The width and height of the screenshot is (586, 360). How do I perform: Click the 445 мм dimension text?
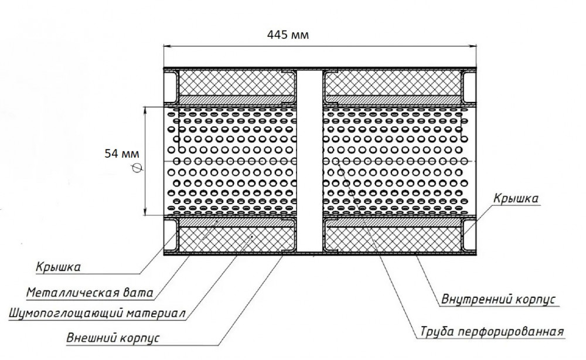pos(288,35)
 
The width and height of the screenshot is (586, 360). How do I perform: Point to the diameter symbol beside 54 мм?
pos(137,169)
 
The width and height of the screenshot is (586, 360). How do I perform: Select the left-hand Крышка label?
pos(58,267)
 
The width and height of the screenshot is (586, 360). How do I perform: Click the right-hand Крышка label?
pos(516,198)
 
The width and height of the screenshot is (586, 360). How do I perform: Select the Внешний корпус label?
pos(113,338)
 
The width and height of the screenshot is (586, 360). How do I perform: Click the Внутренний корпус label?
pos(498,299)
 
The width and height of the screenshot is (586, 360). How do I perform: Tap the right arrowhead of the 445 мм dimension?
pos(473,47)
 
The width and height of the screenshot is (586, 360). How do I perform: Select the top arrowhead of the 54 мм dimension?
pos(145,110)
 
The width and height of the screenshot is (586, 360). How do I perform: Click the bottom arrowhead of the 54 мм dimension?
pos(145,212)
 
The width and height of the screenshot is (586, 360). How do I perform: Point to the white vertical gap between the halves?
pos(309,161)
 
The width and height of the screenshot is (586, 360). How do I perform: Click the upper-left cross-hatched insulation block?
pos(237,83)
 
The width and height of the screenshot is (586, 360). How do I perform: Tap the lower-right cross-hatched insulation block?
pos(393,239)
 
